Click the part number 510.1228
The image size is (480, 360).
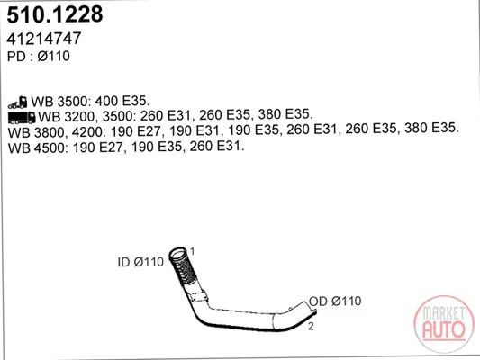tap(55, 14)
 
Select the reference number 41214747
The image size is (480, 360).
tap(44, 38)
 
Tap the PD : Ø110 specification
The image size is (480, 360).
tap(39, 57)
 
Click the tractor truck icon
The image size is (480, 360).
tap(18, 103)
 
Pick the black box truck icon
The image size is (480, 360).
tap(22, 118)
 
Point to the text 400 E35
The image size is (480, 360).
tap(122, 101)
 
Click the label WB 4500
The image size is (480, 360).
tap(36, 148)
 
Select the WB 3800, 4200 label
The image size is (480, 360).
tap(57, 132)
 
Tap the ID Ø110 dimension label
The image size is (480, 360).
tap(140, 262)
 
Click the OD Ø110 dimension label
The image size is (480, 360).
tap(335, 301)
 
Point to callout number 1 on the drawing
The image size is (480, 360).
tap(192, 251)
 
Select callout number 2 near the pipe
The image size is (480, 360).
tap(311, 327)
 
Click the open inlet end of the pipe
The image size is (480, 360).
tap(177, 253)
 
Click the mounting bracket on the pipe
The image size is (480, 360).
tap(199, 297)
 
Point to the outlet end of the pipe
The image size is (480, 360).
tap(311, 309)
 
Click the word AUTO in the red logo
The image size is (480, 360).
tap(444, 329)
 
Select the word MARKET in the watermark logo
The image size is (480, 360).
tap(444, 313)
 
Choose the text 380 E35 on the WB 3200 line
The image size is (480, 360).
tap(285, 114)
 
